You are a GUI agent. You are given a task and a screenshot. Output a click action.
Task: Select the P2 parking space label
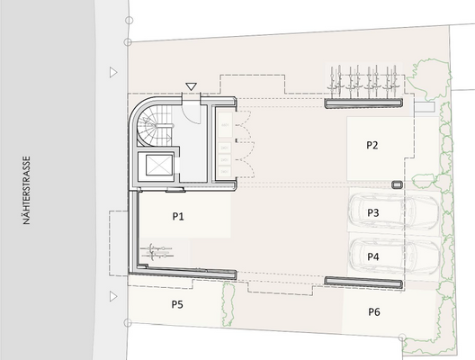click(372, 145)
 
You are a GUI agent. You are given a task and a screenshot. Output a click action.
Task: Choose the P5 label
click(177, 305)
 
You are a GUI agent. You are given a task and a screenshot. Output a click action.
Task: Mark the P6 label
click(374, 311)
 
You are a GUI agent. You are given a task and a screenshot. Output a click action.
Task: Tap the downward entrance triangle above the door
click(190, 86)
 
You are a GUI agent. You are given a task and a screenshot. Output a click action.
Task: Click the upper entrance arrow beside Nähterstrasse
click(112, 72)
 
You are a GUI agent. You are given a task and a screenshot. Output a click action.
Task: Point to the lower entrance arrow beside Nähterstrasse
click(112, 295)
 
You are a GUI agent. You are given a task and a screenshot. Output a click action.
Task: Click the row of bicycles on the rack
click(364, 81)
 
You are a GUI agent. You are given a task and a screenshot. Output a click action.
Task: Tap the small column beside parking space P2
click(397, 184)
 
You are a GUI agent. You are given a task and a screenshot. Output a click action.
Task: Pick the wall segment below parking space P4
click(364, 282)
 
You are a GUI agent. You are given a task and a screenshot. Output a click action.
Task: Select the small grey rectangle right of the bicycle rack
click(424, 105)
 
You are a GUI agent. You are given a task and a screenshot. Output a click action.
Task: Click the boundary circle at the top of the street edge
click(129, 19)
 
